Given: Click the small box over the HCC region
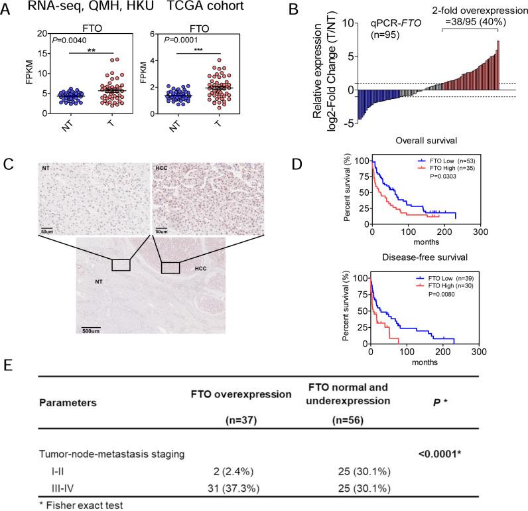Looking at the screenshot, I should click(x=170, y=267).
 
